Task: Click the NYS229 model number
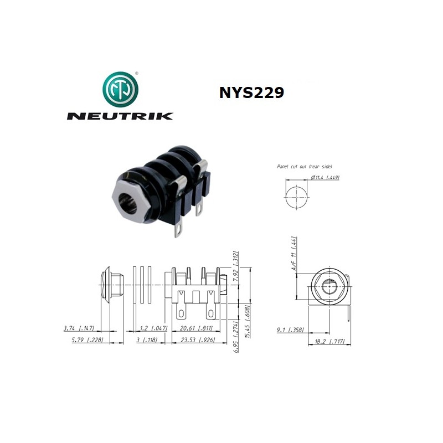[x=251, y=92]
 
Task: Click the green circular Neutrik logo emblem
[x=120, y=89]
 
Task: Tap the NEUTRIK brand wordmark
[x=120, y=116]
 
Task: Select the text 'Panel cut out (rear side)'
[x=304, y=166]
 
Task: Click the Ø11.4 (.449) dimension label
[x=325, y=177]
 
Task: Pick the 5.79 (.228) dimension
[x=81, y=339]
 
